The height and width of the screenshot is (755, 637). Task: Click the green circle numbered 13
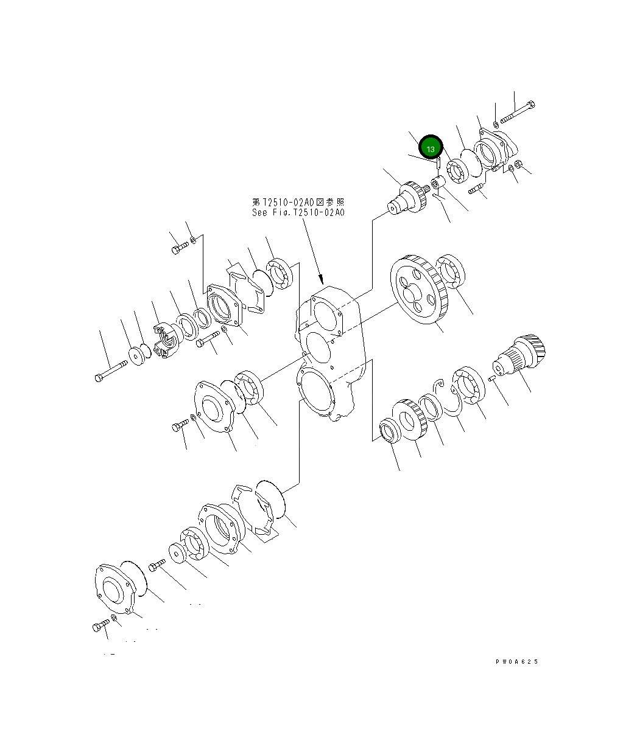[431, 148]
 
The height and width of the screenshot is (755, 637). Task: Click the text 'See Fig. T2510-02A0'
[298, 213]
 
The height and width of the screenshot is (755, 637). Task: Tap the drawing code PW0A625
[516, 662]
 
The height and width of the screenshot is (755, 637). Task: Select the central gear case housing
[329, 353]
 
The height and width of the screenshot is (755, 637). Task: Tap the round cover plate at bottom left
[114, 589]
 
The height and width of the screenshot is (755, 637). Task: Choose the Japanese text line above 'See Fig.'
[298, 201]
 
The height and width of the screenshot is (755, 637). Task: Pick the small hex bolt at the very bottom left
[100, 626]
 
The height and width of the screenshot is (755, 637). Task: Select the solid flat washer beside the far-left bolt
[136, 357]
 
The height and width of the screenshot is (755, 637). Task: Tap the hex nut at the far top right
[519, 164]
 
